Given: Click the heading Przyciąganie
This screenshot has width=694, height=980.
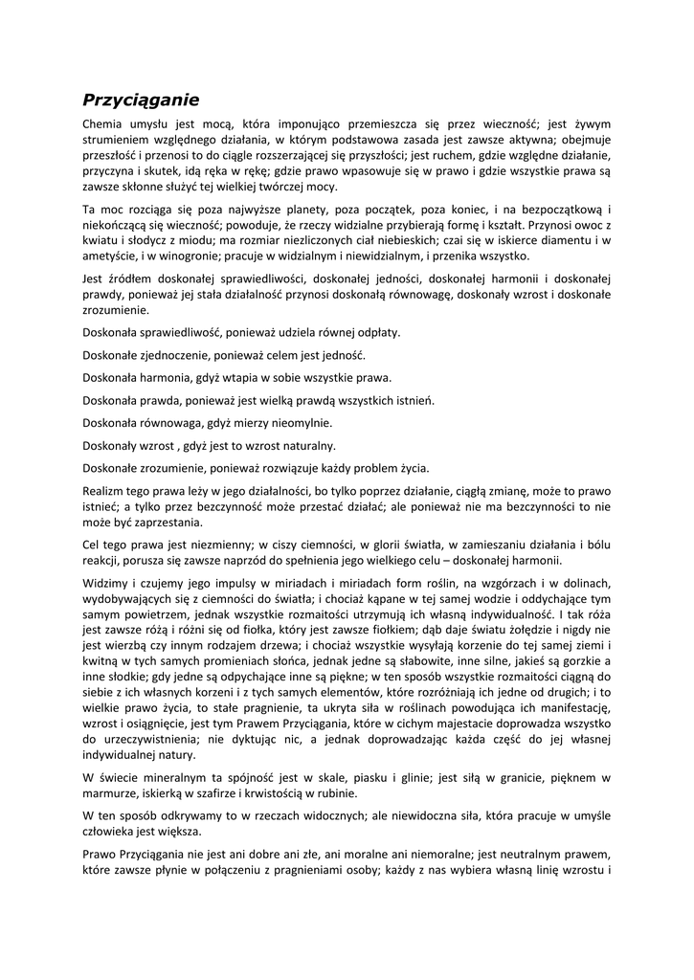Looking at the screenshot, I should click(x=140, y=99).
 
